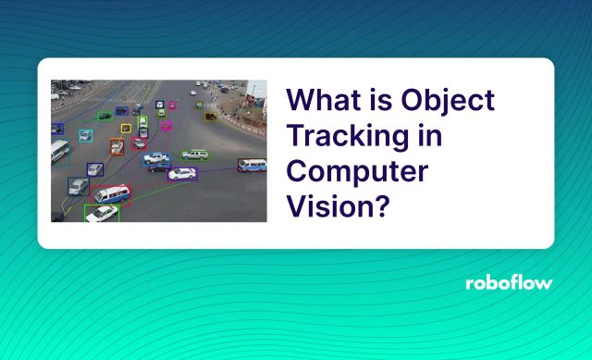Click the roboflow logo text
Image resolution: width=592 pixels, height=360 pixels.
point(508,282)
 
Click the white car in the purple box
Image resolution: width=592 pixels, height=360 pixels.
point(182,173)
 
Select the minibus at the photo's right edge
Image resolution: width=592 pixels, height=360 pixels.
point(253,166)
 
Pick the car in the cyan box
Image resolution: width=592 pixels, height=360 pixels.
point(85,136)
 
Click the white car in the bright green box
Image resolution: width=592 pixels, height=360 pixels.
point(102,214)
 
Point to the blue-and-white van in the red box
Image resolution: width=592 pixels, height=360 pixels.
point(111,194)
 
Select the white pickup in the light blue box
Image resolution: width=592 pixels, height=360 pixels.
point(156,158)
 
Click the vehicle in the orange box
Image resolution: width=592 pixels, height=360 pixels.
point(117,146)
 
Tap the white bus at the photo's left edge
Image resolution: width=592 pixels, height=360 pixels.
point(59,152)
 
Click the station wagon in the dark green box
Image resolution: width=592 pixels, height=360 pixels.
point(195,155)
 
